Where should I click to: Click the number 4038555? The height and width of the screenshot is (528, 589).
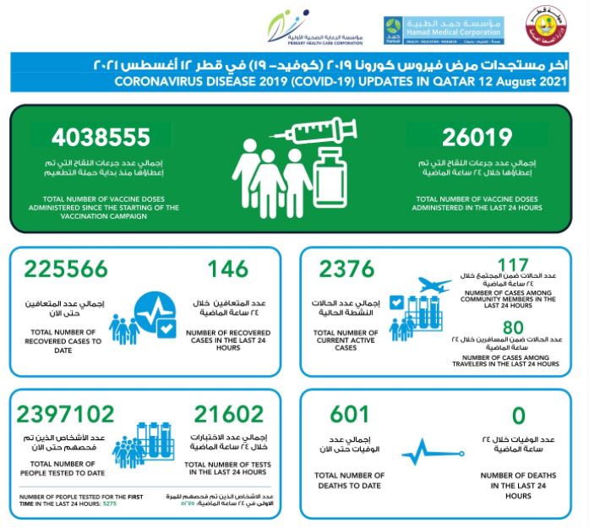(101, 138)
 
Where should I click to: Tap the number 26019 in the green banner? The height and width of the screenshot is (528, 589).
(477, 138)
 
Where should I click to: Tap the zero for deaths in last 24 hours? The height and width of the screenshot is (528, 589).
(518, 415)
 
